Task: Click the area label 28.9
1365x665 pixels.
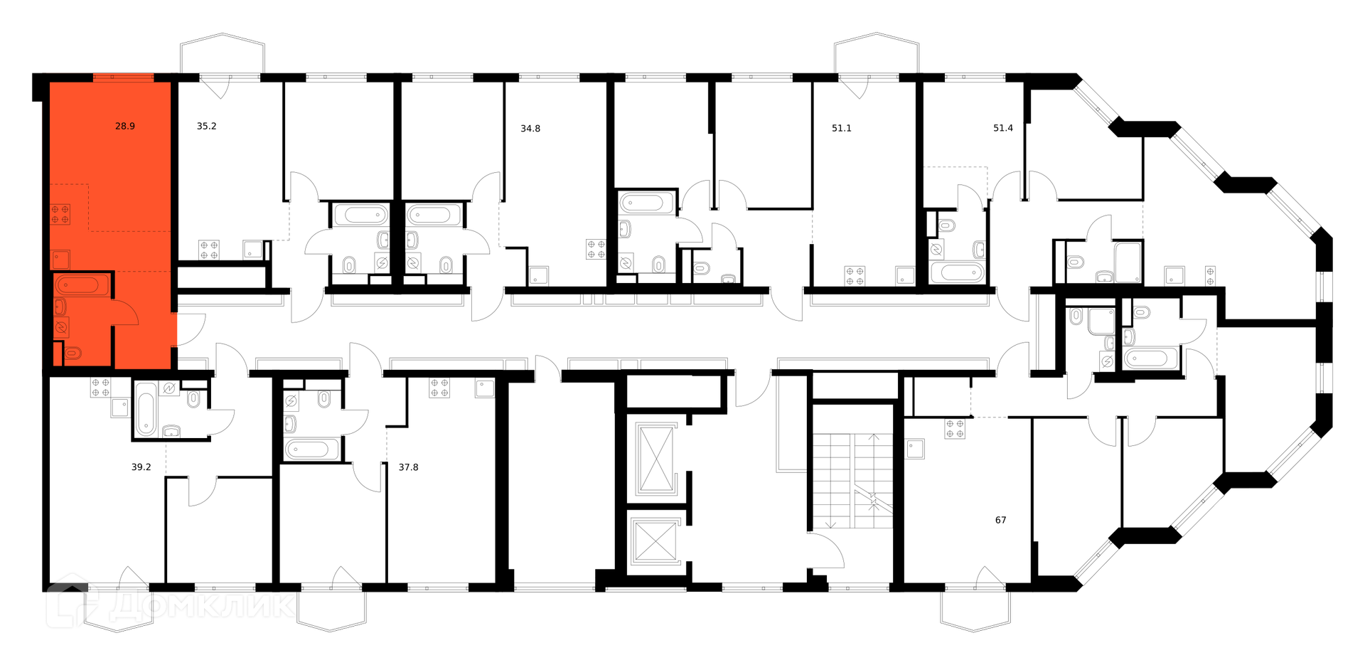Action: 125,127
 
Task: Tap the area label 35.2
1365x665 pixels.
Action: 206,127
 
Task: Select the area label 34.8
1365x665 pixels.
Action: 530,129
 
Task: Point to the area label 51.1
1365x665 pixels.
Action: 841,129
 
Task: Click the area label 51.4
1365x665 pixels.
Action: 1003,129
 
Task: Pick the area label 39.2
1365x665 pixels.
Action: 141,467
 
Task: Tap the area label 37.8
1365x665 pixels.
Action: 408,467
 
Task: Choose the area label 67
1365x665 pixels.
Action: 1001,520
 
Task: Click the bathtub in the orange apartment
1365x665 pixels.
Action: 82,285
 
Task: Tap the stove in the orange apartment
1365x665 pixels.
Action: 60,214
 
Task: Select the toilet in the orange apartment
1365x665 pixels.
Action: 73,352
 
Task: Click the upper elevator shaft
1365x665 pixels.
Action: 655,459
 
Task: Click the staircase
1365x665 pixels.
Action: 853,481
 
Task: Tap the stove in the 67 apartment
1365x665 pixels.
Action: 955,429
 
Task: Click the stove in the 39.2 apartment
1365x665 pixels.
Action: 100,387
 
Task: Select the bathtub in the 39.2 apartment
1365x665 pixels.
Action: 146,408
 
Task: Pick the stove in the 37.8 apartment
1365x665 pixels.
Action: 439,388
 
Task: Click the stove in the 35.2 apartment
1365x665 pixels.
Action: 209,250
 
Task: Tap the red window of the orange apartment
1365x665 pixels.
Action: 124,78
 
